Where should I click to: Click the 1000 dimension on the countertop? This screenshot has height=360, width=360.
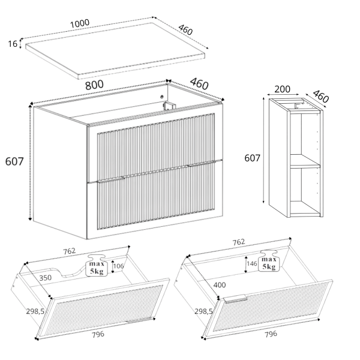(x=79, y=23)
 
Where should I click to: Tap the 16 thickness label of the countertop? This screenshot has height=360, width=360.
(x=13, y=44)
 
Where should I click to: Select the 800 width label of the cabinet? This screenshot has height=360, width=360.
(x=94, y=85)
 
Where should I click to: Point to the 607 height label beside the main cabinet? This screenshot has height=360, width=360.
(x=14, y=161)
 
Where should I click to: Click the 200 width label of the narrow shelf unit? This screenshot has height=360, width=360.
(x=282, y=89)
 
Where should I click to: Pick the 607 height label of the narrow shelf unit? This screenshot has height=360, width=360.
(x=252, y=158)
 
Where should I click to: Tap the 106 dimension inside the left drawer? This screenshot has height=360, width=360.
(x=118, y=266)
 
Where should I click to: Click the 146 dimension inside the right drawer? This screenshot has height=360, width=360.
(x=252, y=263)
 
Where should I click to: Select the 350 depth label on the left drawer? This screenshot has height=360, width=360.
(x=45, y=278)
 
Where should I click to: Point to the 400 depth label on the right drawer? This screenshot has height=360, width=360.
(x=220, y=285)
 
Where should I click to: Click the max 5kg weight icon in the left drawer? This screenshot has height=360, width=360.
(x=97, y=265)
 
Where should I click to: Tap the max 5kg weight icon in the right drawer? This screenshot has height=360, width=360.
(x=269, y=261)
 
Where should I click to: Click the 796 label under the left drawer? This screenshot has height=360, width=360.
(x=98, y=335)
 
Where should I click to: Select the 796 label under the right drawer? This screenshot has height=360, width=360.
(x=271, y=334)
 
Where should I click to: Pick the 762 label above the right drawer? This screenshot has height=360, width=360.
(x=239, y=242)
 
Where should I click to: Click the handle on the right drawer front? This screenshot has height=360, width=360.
(x=236, y=299)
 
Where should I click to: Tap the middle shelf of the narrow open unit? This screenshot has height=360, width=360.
(x=305, y=161)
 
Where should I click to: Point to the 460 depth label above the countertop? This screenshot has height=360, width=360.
(x=185, y=29)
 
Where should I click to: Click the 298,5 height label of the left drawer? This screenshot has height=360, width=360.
(x=35, y=311)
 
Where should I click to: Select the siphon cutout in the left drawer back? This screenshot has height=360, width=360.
(x=70, y=271)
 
